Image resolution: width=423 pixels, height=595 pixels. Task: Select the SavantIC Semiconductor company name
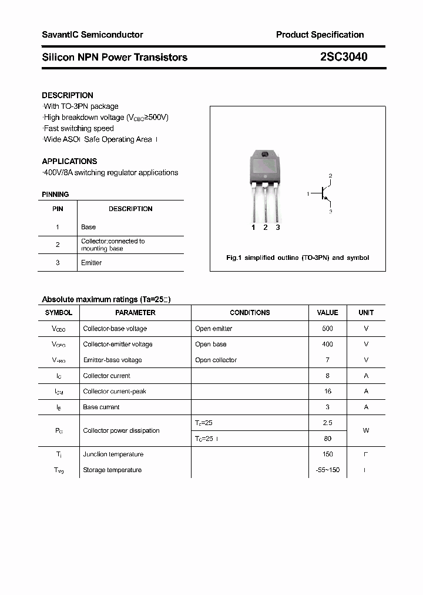pyautogui.click(x=92, y=35)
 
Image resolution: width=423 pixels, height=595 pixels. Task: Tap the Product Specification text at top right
pyautogui.click(x=320, y=35)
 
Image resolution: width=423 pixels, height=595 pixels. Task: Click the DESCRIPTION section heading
pyautogui.click(x=68, y=95)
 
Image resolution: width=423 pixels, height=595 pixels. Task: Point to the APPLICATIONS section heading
pyautogui.click(x=69, y=161)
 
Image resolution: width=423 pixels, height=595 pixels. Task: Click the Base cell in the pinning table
pyautogui.click(x=88, y=227)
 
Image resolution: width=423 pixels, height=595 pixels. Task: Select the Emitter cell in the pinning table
pyautogui.click(x=91, y=263)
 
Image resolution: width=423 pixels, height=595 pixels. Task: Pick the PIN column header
pyautogui.click(x=58, y=209)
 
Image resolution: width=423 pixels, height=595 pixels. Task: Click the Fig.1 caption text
pyautogui.click(x=297, y=258)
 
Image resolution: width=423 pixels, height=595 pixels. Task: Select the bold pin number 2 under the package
pyautogui.click(x=266, y=228)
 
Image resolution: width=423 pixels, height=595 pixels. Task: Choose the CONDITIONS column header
pyautogui.click(x=250, y=313)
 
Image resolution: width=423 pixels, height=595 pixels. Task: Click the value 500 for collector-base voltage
pyautogui.click(x=327, y=329)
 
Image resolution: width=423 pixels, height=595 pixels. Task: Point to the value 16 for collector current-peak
pyautogui.click(x=327, y=391)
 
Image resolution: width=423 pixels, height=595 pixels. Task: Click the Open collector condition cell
pyautogui.click(x=216, y=360)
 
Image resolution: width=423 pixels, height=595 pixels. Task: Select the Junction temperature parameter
pyautogui.click(x=113, y=454)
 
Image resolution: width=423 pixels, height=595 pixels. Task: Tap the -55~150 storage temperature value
pyautogui.click(x=327, y=470)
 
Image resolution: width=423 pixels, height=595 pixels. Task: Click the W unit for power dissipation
pyautogui.click(x=365, y=430)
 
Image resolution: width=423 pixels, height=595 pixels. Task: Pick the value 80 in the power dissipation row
pyautogui.click(x=327, y=439)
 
